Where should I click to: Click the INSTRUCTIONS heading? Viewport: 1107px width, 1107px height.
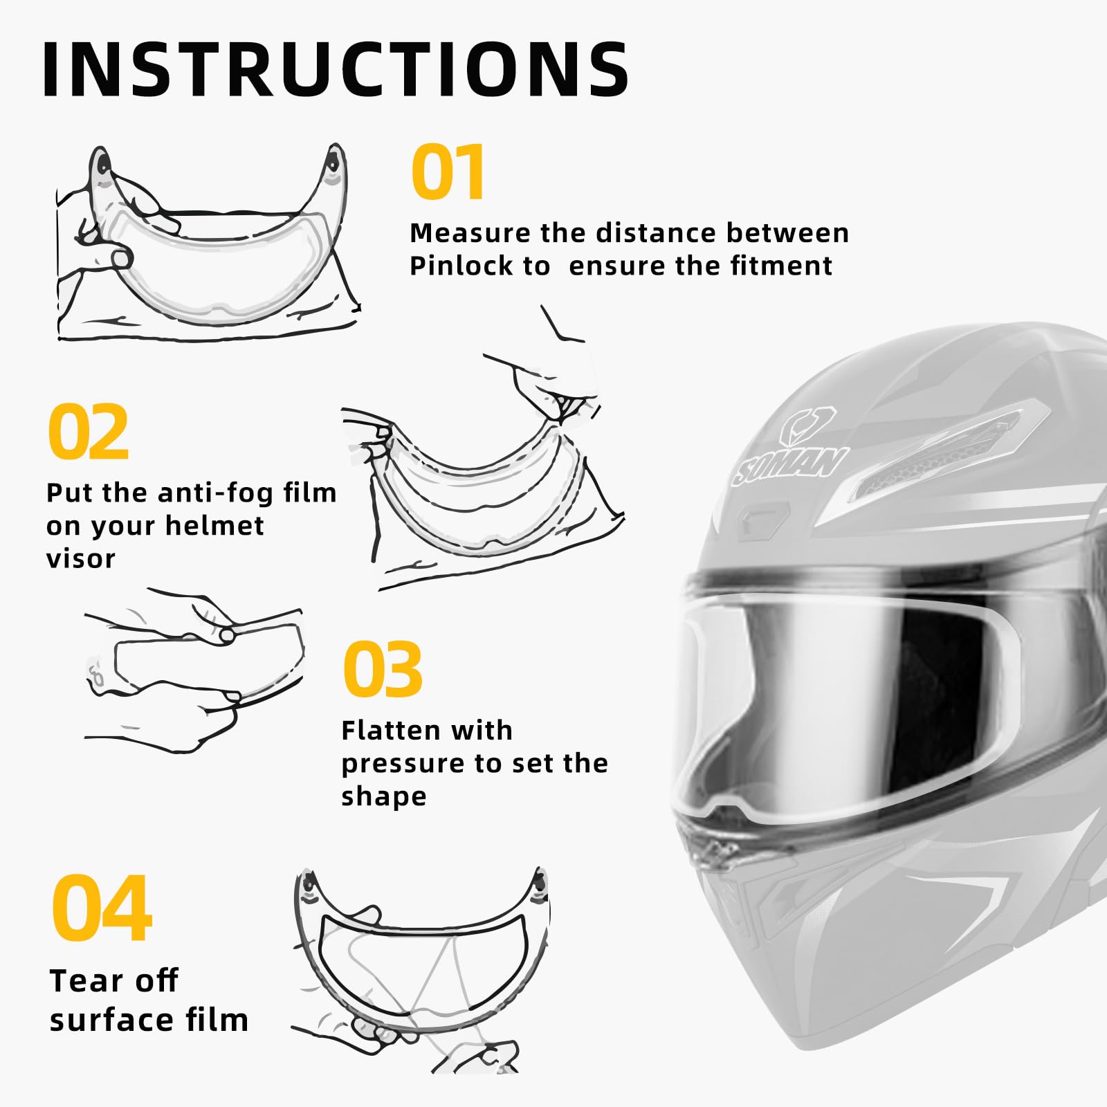[336, 69]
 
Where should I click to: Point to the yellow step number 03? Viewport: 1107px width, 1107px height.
[382, 670]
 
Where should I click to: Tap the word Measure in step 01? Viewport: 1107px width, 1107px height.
[470, 233]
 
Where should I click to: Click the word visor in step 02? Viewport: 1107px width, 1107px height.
[80, 559]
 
